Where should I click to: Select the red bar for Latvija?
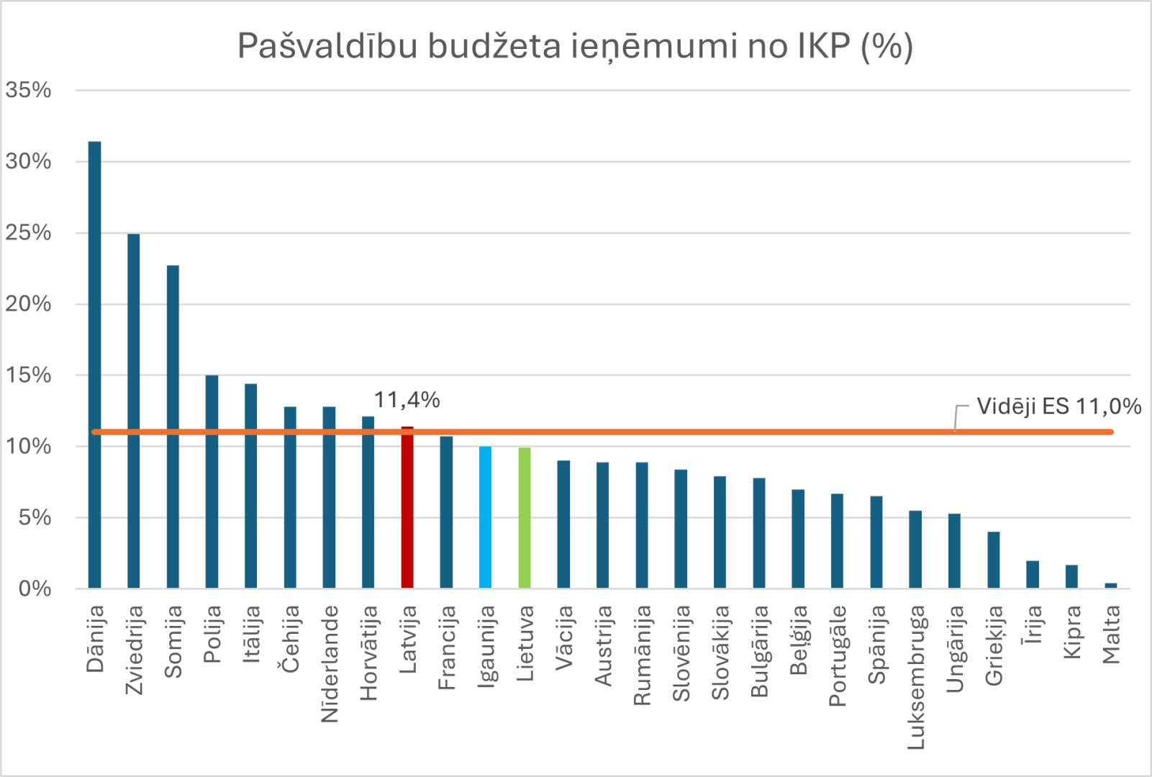pyautogui.click(x=407, y=511)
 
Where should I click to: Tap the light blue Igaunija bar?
pyautogui.click(x=486, y=518)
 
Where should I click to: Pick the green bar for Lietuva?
pyautogui.click(x=525, y=518)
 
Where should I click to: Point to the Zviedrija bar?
pyautogui.click(x=133, y=410)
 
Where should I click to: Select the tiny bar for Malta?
pyautogui.click(x=1110, y=586)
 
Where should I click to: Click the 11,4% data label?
pyautogui.click(x=407, y=400)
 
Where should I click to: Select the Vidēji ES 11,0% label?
pyautogui.click(x=1058, y=406)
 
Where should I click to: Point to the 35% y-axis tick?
pyautogui.click(x=29, y=91)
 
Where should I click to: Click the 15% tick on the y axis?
pyautogui.click(x=29, y=376)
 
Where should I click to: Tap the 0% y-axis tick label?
pyautogui.click(x=35, y=589)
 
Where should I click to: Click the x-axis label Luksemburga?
pyautogui.click(x=915, y=676)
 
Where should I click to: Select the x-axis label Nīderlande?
pyautogui.click(x=329, y=663)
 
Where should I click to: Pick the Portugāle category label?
pyautogui.click(x=838, y=655)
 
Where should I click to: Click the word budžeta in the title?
pyautogui.click(x=494, y=46)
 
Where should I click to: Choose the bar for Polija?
pyautogui.click(x=212, y=482)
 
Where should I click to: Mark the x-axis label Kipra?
pyautogui.click(x=1072, y=632)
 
